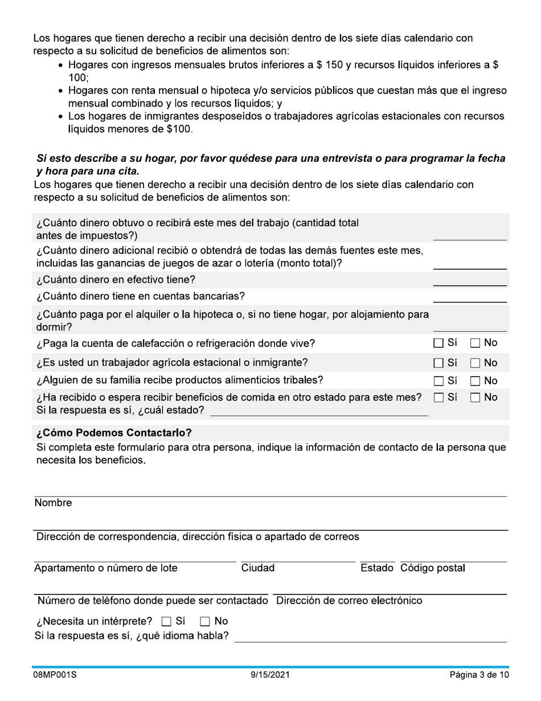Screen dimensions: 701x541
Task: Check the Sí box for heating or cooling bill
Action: point(438,344)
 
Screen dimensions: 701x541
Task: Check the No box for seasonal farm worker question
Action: point(476,363)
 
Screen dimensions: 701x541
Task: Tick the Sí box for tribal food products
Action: point(438,381)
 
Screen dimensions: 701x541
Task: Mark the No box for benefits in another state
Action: point(476,398)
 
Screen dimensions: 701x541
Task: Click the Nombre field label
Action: point(53,503)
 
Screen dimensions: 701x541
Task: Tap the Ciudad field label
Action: point(258,568)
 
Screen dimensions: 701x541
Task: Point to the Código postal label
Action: point(432,568)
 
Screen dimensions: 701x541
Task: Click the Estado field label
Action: point(377,568)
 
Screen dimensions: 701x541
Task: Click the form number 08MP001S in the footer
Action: point(54,675)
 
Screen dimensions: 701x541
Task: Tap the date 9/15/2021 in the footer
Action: point(270,675)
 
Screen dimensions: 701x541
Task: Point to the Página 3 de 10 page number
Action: point(479,675)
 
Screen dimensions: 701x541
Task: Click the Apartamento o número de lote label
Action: point(106,568)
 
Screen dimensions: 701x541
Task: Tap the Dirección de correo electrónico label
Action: point(349,601)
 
